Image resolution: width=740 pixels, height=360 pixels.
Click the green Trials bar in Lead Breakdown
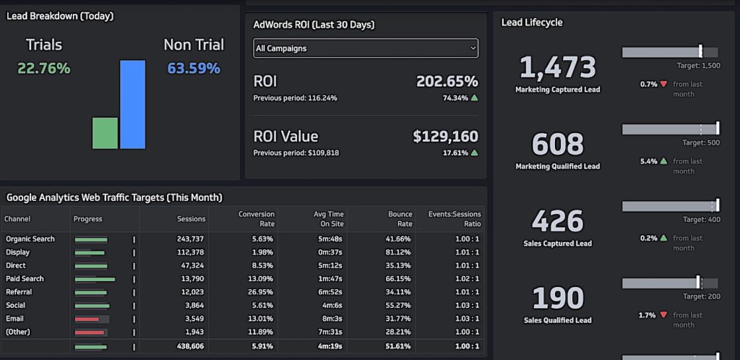click(105, 133)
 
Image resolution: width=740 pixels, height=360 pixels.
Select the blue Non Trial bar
click(132, 104)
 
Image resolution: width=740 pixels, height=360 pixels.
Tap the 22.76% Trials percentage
click(44, 69)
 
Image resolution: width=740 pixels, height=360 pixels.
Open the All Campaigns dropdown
click(365, 48)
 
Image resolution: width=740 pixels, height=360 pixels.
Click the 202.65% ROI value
click(447, 81)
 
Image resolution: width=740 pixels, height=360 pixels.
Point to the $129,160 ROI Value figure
click(445, 136)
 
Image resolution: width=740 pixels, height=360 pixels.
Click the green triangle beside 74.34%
click(474, 98)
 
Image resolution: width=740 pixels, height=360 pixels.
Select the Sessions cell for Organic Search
click(190, 239)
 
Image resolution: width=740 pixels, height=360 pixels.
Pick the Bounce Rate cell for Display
click(398, 252)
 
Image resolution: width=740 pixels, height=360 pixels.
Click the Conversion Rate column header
click(257, 218)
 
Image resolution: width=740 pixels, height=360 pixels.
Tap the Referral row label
click(19, 292)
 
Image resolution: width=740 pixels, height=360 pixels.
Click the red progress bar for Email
click(87, 319)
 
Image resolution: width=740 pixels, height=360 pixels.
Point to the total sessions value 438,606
click(190, 347)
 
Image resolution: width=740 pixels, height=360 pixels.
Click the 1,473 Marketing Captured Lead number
click(557, 68)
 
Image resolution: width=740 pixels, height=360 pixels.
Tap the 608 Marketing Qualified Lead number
click(557, 145)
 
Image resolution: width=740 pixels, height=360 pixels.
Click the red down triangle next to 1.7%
click(663, 315)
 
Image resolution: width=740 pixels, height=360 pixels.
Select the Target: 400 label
click(701, 219)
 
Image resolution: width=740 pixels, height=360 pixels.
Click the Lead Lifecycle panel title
click(532, 22)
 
